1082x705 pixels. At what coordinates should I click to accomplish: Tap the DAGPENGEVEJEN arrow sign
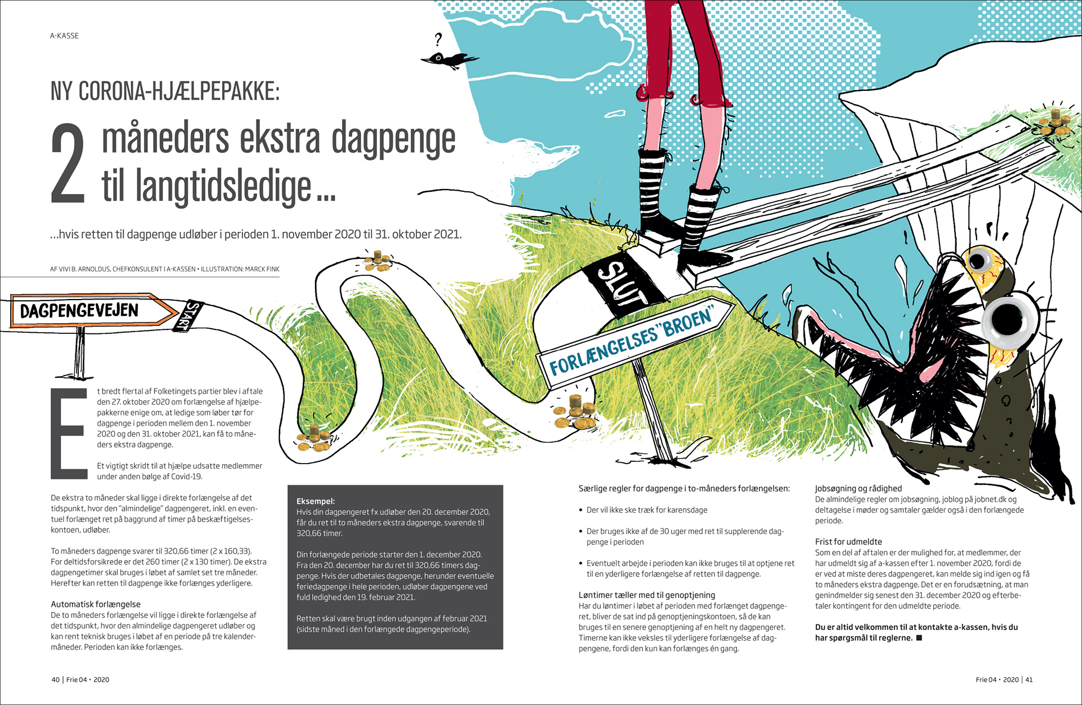click(x=90, y=311)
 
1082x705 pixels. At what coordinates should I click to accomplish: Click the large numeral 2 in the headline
click(x=68, y=164)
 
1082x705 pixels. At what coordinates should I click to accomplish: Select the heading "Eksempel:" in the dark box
click(x=316, y=501)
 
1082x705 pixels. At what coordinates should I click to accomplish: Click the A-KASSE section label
click(x=64, y=36)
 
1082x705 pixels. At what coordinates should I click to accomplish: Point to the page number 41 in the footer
click(x=1028, y=680)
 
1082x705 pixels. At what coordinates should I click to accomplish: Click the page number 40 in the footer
click(x=55, y=680)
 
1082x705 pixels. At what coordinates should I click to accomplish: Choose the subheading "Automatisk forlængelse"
click(x=96, y=604)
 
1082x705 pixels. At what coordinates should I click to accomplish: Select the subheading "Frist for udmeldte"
click(x=848, y=541)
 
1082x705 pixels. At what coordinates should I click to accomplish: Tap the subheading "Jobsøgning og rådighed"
click(x=858, y=488)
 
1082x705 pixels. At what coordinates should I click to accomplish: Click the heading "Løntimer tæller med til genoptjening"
click(x=646, y=595)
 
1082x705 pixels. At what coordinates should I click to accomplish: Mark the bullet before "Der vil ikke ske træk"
click(x=580, y=510)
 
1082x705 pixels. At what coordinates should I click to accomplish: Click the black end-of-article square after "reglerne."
click(x=919, y=638)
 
